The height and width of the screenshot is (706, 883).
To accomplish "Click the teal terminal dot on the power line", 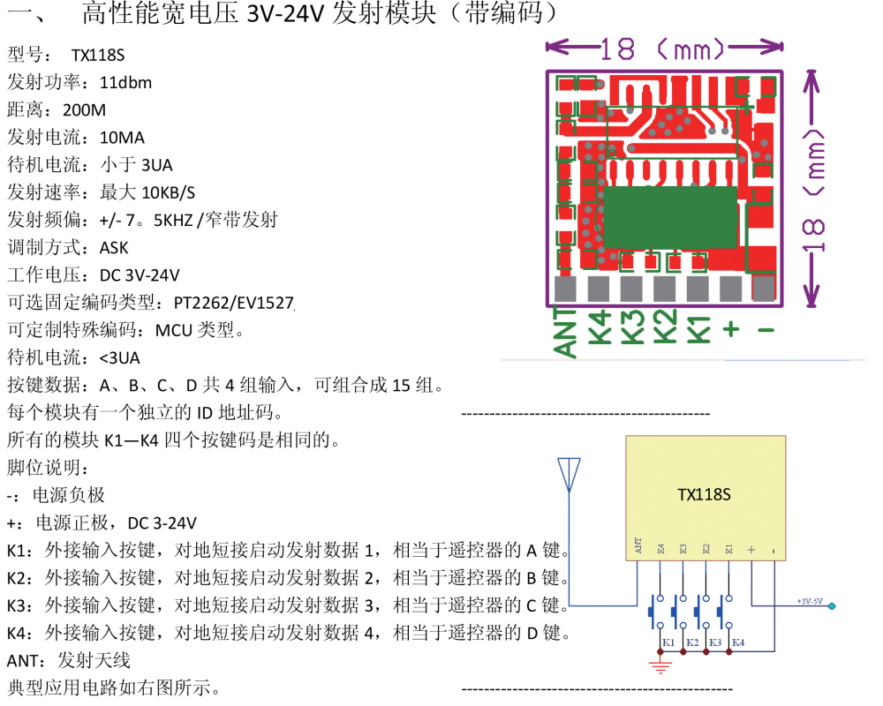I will [832, 606].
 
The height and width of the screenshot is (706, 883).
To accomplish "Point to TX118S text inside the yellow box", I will [704, 494].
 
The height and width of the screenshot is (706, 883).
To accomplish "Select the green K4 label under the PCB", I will [600, 327].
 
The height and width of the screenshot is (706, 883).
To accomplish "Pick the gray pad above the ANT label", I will [566, 289].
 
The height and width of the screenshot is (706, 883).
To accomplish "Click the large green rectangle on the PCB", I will [670, 217].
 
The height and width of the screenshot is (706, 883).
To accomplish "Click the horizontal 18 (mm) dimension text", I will [664, 49].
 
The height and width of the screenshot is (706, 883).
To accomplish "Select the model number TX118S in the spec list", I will [98, 56].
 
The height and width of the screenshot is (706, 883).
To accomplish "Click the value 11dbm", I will [125, 83].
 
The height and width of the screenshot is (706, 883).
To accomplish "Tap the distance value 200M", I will [85, 110].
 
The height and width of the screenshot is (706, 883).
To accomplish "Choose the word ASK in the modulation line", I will [114, 248].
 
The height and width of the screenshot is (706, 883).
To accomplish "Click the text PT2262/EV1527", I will [233, 303].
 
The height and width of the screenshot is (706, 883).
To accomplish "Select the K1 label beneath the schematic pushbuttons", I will [668, 642].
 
